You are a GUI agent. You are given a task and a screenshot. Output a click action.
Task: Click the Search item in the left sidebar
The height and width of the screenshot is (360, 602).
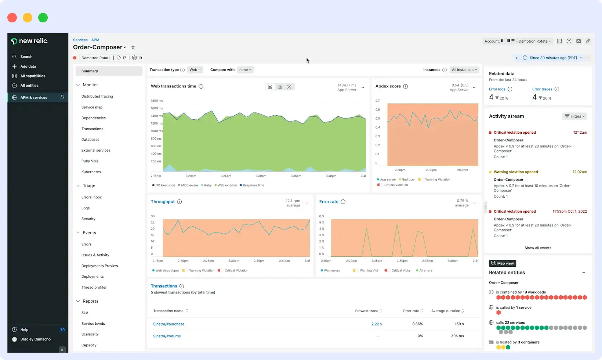[26, 57]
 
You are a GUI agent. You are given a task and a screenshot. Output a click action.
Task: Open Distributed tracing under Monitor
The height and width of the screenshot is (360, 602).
[97, 97]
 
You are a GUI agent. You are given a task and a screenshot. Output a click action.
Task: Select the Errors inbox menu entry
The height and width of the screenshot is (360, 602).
[91, 198]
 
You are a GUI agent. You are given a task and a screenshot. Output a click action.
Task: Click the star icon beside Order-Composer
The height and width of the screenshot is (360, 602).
[133, 47]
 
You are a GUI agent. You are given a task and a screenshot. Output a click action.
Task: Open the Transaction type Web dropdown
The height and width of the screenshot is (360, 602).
[195, 70]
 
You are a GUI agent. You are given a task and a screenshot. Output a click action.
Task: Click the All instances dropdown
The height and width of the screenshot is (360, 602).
[464, 70]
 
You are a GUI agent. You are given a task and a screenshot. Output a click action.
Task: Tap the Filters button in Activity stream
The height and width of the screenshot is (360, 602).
[574, 116]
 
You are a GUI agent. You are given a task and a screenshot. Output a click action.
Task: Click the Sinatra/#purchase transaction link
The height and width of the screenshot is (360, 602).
[168, 324]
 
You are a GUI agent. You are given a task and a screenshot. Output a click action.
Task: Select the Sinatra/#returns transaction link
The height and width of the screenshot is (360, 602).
[167, 336]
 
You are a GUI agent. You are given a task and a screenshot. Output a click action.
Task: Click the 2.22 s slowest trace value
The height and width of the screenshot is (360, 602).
[376, 324]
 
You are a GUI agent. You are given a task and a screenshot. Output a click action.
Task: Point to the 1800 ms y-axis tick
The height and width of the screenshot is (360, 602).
[157, 101]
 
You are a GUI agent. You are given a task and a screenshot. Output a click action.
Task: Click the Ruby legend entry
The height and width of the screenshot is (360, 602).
[207, 186]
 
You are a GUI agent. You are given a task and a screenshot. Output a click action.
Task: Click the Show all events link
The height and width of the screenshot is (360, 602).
[538, 248]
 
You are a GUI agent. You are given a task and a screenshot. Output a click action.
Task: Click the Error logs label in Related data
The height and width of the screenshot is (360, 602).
[497, 89]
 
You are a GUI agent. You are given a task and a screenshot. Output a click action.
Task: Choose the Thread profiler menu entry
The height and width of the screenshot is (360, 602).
[94, 288]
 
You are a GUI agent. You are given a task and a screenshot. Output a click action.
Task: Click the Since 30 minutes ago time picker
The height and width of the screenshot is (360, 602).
[553, 58]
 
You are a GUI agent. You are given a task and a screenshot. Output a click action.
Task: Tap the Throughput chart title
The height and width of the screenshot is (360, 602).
[163, 202]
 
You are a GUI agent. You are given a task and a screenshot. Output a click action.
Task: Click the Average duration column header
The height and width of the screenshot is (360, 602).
[446, 311]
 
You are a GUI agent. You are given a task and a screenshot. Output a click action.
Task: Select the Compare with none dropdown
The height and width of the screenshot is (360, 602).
[245, 70]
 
